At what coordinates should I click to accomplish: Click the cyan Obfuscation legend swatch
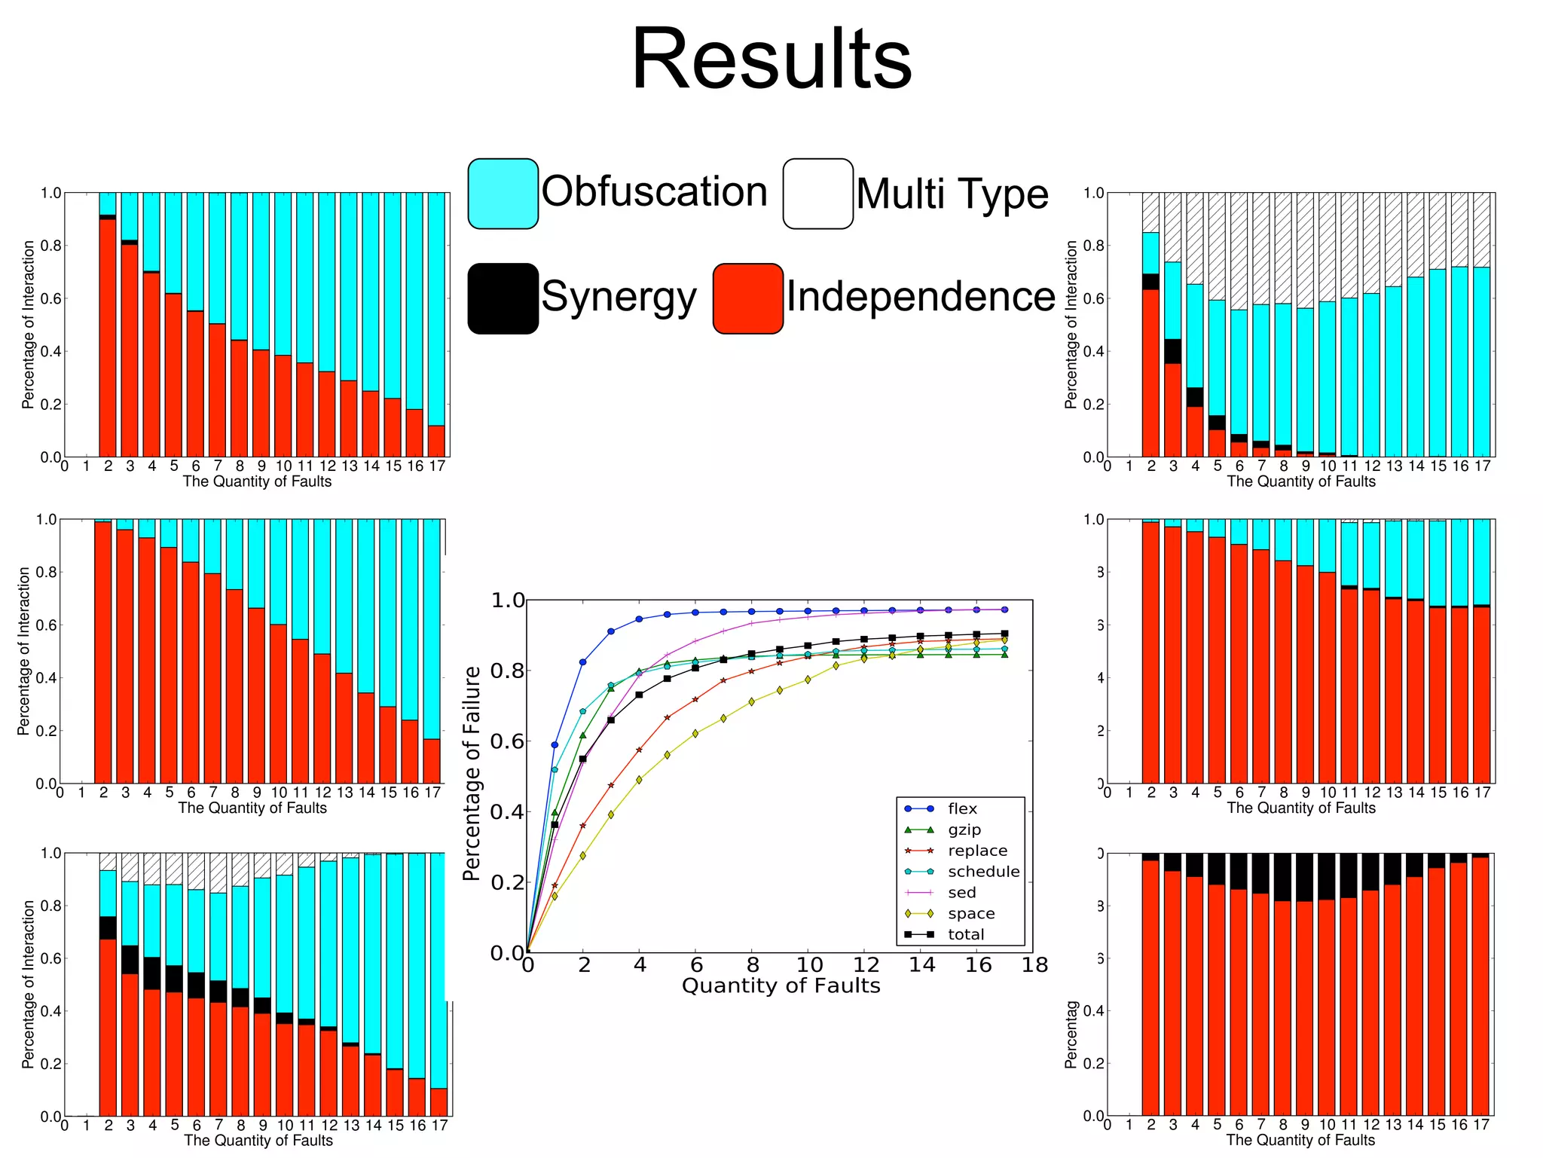(503, 194)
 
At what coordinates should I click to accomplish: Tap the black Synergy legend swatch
(503, 298)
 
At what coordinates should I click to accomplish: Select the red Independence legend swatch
(748, 298)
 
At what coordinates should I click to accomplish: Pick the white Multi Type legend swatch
(817, 194)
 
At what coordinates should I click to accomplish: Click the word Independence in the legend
(921, 297)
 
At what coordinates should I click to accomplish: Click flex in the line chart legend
(962, 808)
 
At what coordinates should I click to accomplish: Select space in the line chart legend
(971, 913)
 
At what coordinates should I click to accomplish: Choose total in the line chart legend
(966, 934)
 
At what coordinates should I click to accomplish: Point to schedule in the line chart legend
(983, 872)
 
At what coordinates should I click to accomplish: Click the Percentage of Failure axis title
(472, 773)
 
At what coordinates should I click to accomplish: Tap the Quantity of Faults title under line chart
(781, 985)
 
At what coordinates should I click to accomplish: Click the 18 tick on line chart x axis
(1034, 965)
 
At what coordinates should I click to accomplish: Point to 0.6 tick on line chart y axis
(507, 741)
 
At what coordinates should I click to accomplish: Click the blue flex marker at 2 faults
(582, 662)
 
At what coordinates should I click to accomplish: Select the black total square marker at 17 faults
(1004, 634)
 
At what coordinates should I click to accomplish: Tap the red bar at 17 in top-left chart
(437, 442)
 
